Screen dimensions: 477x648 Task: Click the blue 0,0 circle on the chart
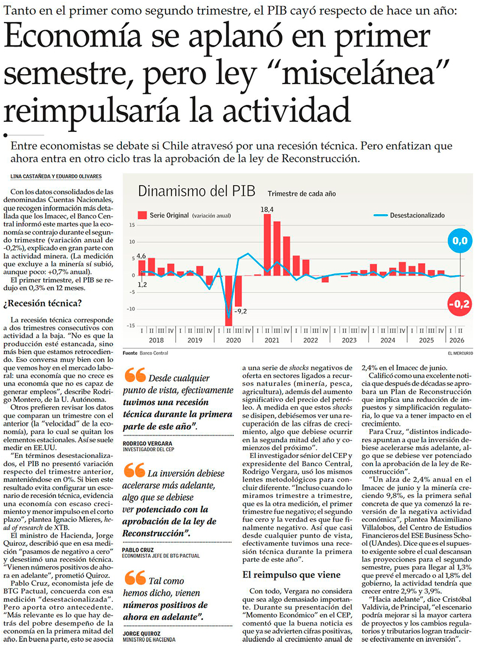(x=459, y=241)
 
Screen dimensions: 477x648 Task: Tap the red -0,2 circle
(x=459, y=304)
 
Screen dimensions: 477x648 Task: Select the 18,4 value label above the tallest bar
(x=267, y=210)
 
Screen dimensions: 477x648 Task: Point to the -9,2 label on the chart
(x=240, y=311)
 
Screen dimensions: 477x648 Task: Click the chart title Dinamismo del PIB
(x=197, y=191)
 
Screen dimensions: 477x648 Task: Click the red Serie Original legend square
(x=142, y=215)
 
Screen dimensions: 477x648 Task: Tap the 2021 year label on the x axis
(x=272, y=340)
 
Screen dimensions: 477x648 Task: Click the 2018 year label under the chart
(x=156, y=340)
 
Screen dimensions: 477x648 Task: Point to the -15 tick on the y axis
(x=131, y=326)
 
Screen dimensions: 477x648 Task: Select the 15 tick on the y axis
(x=132, y=225)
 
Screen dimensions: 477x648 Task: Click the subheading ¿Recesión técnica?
(x=43, y=303)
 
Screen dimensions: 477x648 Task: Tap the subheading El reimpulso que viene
(x=291, y=575)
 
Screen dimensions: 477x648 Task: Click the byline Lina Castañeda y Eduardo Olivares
(x=56, y=176)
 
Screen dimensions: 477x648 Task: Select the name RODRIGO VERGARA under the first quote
(x=147, y=443)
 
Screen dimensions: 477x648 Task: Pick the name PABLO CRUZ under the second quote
(x=138, y=550)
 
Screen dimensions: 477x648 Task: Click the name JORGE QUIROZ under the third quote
(x=141, y=634)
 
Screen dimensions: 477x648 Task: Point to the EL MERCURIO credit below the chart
(x=460, y=353)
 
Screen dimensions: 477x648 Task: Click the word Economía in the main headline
(x=73, y=36)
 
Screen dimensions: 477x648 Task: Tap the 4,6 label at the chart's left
(x=141, y=256)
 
